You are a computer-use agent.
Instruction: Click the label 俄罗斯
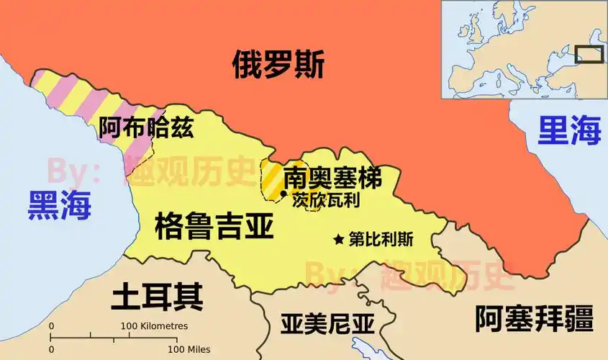pos(278,66)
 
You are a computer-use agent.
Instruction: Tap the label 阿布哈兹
pos(146,127)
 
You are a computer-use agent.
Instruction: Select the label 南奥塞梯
pos(332,177)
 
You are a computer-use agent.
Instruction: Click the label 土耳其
pos(156,296)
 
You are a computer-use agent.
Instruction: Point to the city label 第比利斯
pos(381,239)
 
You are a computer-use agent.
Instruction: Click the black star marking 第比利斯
pos(339,239)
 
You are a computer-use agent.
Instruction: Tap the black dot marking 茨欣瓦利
pos(283,194)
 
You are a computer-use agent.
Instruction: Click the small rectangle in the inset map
pos(592,55)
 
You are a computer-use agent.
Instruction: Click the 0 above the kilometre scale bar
pos(51,326)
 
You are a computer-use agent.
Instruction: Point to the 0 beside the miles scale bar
pos(51,349)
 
